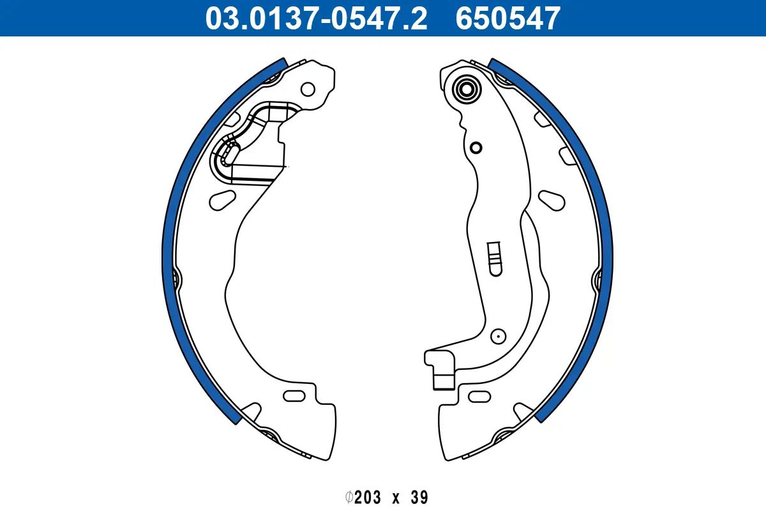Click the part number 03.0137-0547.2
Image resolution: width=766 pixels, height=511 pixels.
[315, 18]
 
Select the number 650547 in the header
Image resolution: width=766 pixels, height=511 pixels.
[507, 18]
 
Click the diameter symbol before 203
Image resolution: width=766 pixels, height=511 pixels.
[349, 497]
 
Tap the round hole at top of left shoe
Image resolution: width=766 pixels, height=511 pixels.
[308, 89]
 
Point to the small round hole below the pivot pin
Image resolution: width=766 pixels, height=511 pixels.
[476, 148]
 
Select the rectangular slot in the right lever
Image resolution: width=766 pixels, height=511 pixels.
[494, 259]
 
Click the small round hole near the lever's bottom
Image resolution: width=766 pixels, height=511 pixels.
[497, 335]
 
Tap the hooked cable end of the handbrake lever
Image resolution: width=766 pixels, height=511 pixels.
[440, 369]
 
